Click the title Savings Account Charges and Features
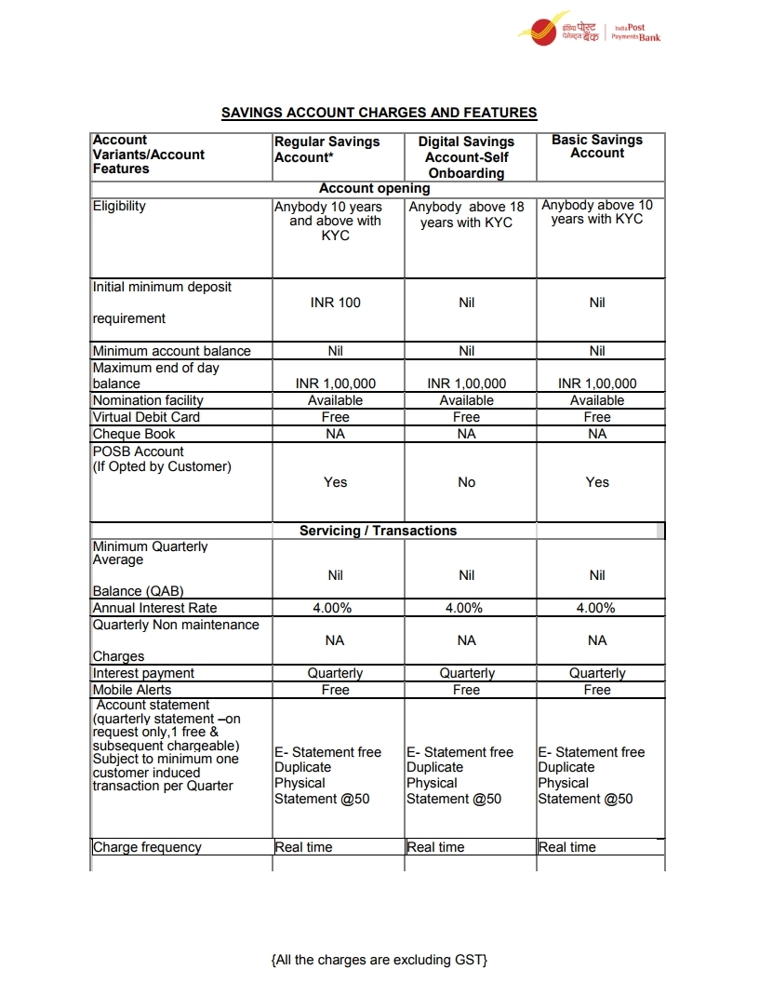coord(379,113)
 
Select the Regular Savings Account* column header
coord(327,149)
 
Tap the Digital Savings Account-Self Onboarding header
coord(466,156)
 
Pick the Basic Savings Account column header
coord(597,146)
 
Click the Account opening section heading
coord(375,188)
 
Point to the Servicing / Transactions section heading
coord(378,531)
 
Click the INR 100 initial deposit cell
coord(335,303)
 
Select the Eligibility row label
coord(119,206)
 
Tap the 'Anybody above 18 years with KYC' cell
coord(466,215)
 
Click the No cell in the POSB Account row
coord(466,482)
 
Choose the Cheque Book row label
coord(134,434)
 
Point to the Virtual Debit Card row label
coord(146,417)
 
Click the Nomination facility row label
coord(148,400)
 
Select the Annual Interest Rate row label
coord(154,608)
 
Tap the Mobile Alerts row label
coord(132,690)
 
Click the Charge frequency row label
coord(147,847)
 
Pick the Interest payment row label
coord(143,673)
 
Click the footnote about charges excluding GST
coord(379,960)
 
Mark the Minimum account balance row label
coord(171,351)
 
